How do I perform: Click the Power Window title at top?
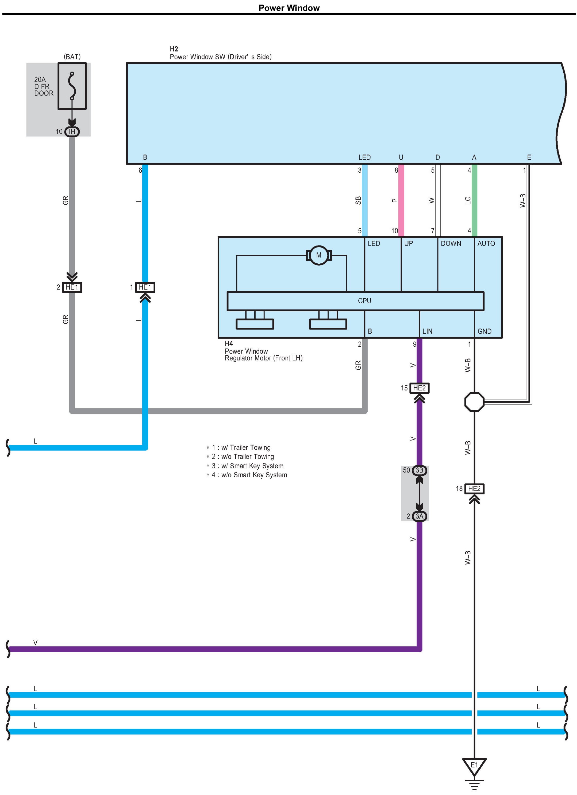pos(289,8)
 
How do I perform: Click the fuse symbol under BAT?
pos(72,86)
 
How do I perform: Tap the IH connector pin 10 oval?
pos(72,131)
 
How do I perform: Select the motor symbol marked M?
pos(319,255)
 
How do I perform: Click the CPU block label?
pos(364,301)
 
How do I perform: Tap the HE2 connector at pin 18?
pos(474,489)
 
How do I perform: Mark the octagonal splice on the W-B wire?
pos(474,402)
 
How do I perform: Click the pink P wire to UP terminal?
pos(401,200)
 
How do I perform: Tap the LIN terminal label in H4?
pos(427,331)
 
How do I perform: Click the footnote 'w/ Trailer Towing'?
pos(246,448)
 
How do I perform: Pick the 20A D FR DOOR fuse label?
pos(44,86)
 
